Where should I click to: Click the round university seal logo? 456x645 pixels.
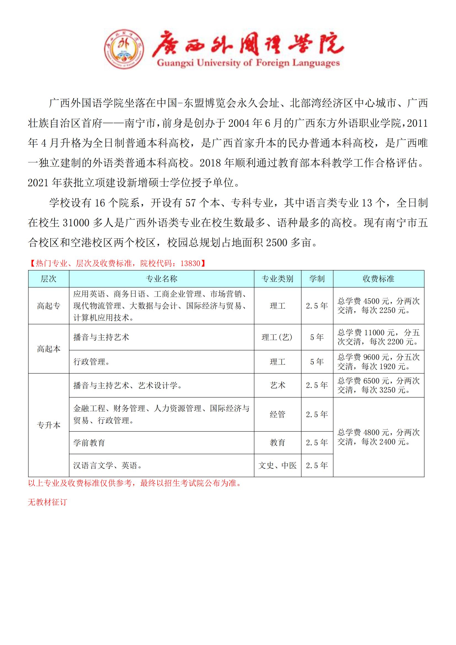(124, 49)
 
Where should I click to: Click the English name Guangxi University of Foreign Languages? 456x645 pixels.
(248, 63)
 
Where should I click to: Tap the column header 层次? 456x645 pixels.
(49, 279)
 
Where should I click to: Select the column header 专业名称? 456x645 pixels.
(162, 279)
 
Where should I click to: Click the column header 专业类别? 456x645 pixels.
(277, 279)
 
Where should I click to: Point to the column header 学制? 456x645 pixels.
(317, 279)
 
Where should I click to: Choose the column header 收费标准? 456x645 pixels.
(378, 279)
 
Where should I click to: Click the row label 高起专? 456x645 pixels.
(49, 306)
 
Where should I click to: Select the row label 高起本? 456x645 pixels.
(49, 349)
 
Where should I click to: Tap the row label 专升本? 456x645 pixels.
(49, 425)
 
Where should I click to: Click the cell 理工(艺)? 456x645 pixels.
(277, 337)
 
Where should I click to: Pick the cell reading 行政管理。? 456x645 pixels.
(92, 362)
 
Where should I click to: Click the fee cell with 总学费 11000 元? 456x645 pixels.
(378, 337)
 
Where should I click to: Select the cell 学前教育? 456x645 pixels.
(89, 443)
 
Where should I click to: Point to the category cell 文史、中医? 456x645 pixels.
(277, 465)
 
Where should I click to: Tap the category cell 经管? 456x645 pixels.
(277, 414)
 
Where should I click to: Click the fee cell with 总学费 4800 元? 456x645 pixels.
(378, 437)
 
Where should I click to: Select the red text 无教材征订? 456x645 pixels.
(47, 502)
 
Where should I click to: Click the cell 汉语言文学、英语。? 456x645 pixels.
(108, 465)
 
